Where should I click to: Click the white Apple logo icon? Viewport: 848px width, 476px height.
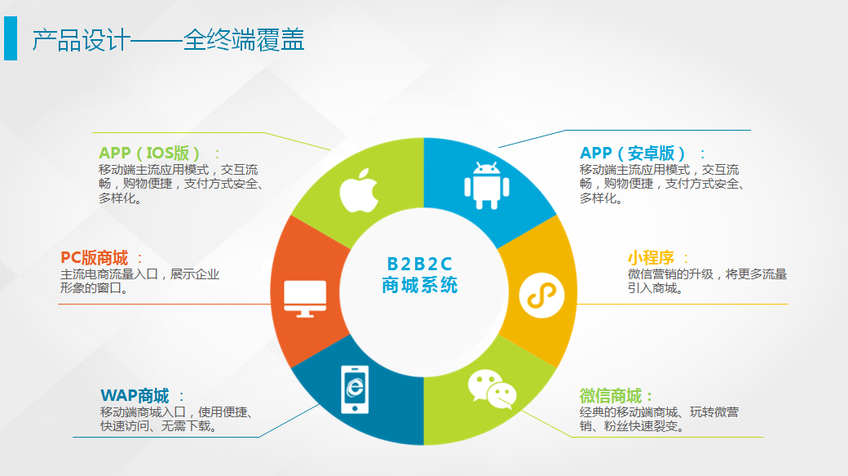[359, 190]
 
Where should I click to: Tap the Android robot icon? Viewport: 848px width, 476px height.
[487, 185]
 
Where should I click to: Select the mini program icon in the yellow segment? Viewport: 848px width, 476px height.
[541, 296]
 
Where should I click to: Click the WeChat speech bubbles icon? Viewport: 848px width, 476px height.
[492, 389]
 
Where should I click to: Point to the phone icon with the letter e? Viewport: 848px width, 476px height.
[355, 389]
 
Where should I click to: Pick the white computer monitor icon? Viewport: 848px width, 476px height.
[305, 298]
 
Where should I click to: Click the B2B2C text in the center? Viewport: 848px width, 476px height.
[420, 264]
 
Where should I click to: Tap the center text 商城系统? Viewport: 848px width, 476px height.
[420, 285]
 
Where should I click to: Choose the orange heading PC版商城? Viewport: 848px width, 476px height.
[95, 258]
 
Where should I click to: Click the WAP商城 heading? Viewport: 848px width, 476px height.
[135, 396]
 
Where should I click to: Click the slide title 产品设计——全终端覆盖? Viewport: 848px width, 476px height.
[168, 40]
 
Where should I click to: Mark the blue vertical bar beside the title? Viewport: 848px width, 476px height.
[11, 38]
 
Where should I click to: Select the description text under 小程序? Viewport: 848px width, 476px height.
[707, 281]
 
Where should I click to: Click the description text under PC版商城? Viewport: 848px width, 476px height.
[139, 281]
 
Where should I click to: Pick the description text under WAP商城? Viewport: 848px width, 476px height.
[176, 419]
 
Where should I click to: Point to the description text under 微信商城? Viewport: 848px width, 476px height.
[660, 419]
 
